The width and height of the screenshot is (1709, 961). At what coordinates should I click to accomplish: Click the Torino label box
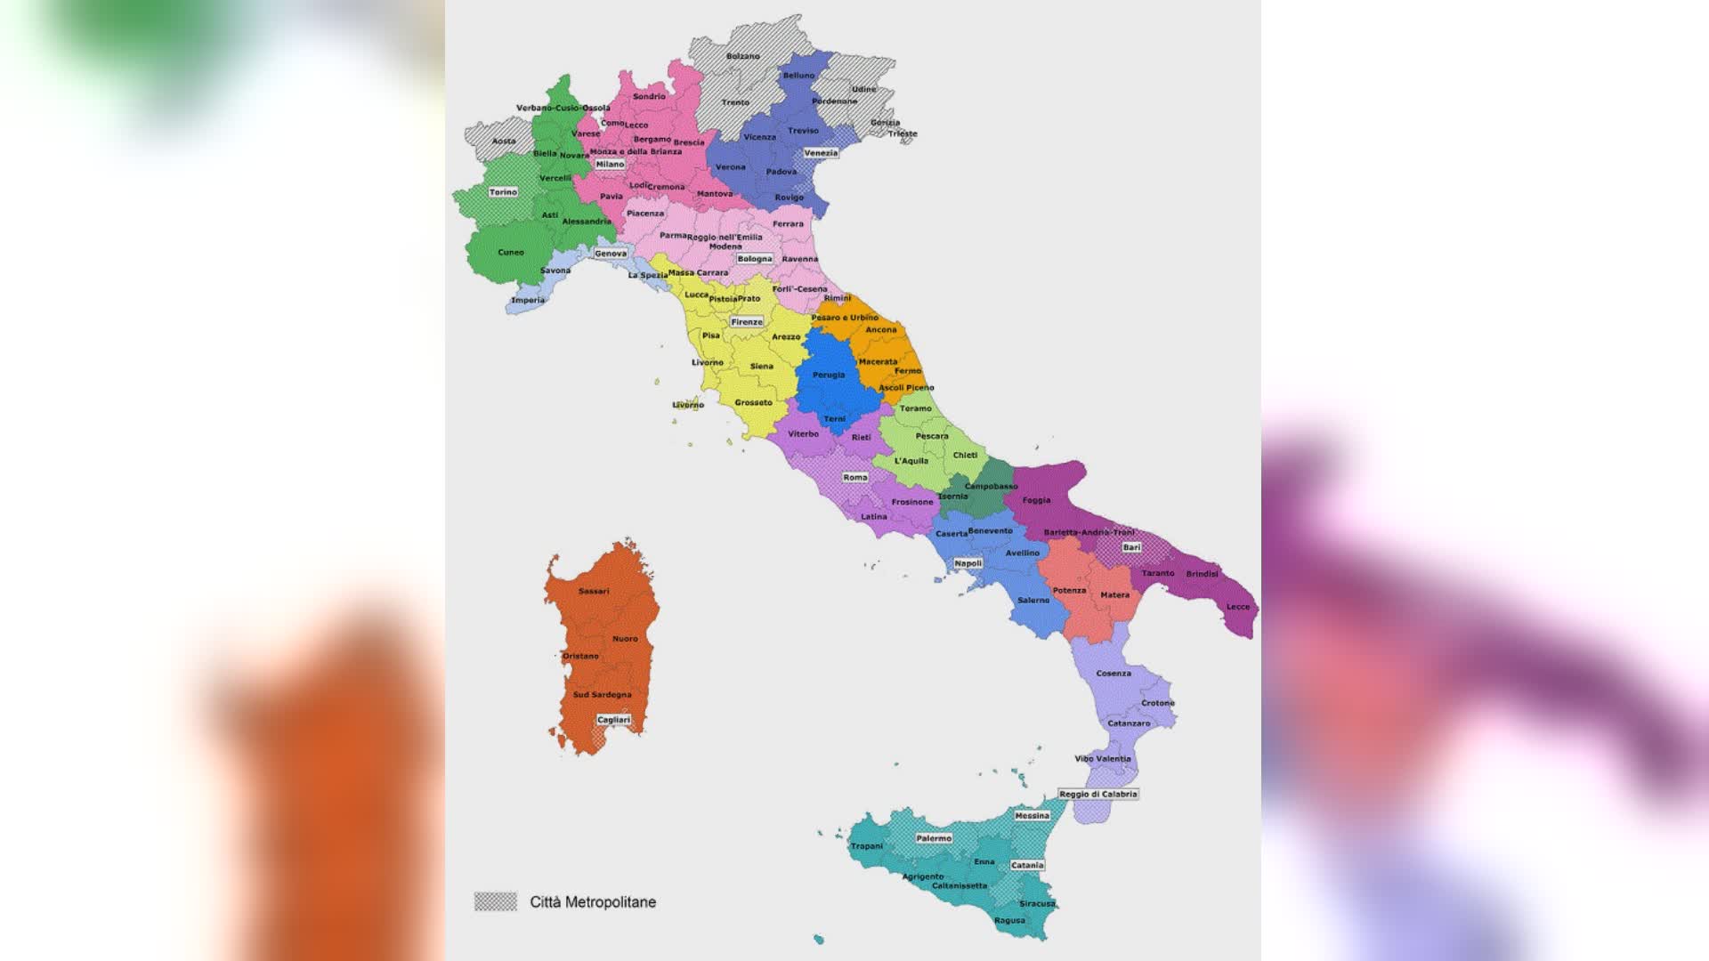(503, 192)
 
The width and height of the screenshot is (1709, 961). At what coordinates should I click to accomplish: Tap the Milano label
(610, 165)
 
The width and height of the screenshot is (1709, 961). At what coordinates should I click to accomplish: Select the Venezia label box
(821, 153)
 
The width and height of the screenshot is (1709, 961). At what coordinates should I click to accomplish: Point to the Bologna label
(755, 259)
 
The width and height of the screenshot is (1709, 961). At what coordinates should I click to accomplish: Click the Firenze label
(747, 322)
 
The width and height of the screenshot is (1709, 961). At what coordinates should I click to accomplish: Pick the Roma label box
(855, 478)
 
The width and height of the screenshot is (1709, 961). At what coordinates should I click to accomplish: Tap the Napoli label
(968, 563)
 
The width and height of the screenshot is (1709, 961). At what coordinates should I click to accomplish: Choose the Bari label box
(1131, 547)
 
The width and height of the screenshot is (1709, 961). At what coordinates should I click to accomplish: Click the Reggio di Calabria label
(1098, 794)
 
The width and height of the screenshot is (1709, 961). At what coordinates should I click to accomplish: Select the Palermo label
(934, 838)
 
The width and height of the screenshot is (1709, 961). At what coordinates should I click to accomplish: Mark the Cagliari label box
(613, 720)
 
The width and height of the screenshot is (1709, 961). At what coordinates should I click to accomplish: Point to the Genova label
(611, 254)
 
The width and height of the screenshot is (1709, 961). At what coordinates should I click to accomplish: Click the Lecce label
(1238, 607)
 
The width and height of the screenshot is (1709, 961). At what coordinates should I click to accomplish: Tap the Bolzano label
(743, 56)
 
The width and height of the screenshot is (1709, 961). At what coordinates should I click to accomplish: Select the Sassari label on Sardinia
(594, 591)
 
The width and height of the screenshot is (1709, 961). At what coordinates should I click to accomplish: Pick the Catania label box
(1027, 865)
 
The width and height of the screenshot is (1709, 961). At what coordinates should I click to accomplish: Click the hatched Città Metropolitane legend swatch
(496, 901)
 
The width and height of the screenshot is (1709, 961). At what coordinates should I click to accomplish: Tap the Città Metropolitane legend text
(593, 901)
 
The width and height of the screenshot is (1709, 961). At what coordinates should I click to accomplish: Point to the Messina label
(1033, 816)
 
